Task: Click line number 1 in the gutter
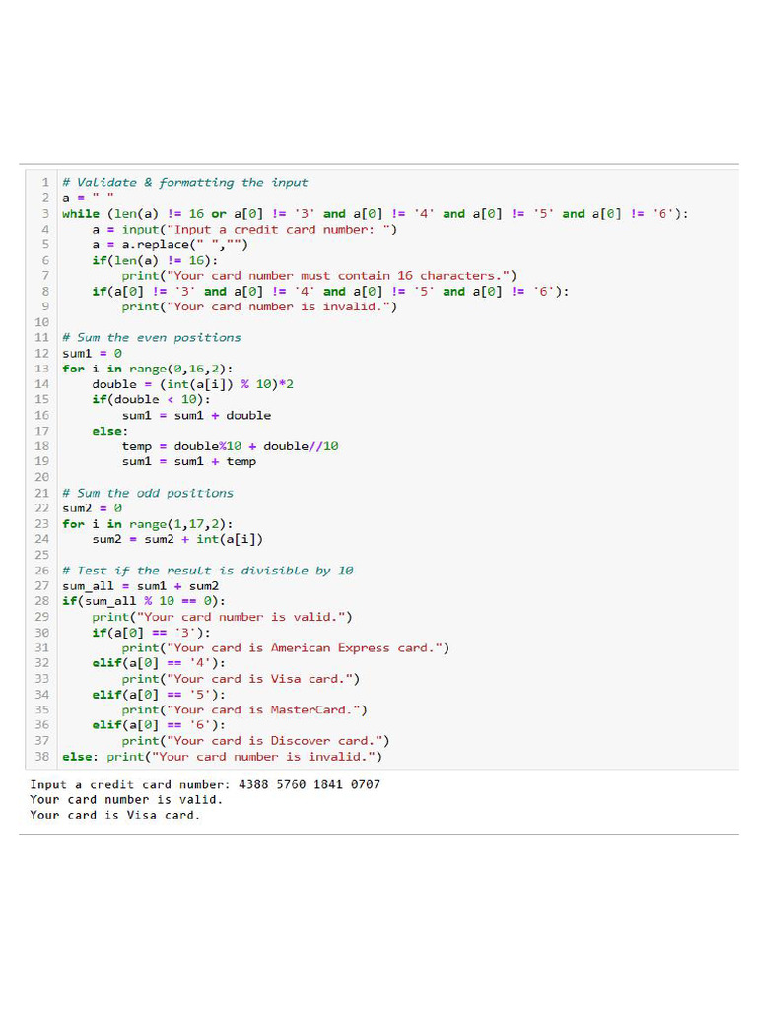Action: (x=45, y=182)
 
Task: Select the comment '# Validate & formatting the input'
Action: (x=184, y=182)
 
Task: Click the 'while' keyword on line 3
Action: (x=81, y=213)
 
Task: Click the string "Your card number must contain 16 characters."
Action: (x=336, y=275)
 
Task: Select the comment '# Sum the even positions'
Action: (x=151, y=337)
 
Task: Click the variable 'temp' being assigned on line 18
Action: (x=137, y=445)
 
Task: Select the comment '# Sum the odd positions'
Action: (x=148, y=493)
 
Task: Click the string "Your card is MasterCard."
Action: (x=266, y=709)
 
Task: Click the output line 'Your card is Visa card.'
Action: (x=114, y=815)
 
